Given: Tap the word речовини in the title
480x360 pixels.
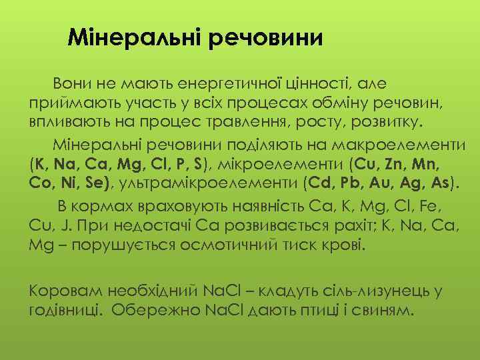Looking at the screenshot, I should click(266, 37).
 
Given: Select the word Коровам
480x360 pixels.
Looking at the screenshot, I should click(65, 291).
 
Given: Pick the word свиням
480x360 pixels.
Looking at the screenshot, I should click(383, 311).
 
